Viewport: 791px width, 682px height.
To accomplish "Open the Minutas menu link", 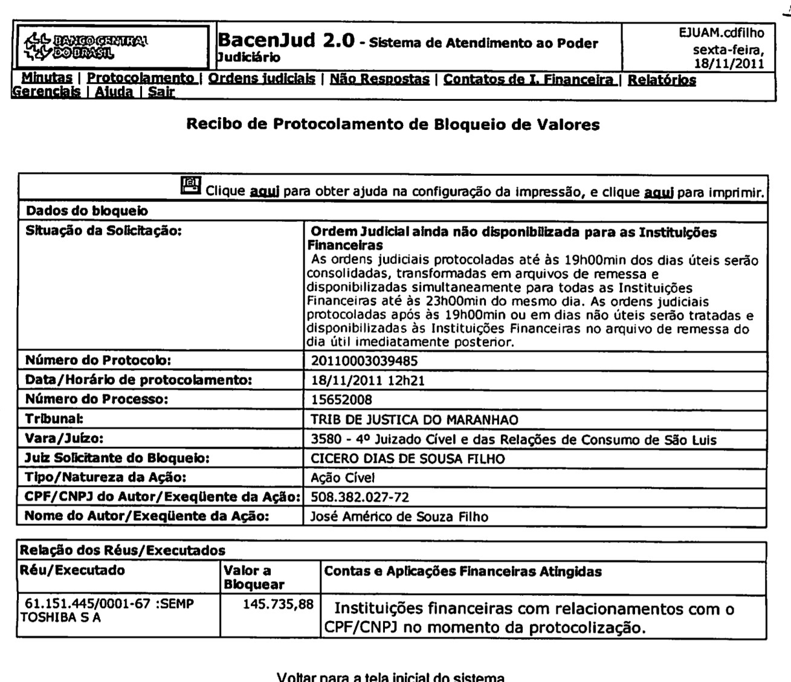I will (47, 79).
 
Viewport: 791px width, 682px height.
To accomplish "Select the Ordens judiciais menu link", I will (261, 79).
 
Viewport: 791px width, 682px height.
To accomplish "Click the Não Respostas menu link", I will (379, 79).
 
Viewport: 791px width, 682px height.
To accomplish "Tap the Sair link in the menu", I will (161, 92).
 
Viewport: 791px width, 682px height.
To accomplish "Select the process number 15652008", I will (341, 399).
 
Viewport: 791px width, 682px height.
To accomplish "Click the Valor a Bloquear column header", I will (254, 577).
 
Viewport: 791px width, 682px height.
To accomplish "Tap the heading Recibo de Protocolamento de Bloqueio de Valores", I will (393, 125).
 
